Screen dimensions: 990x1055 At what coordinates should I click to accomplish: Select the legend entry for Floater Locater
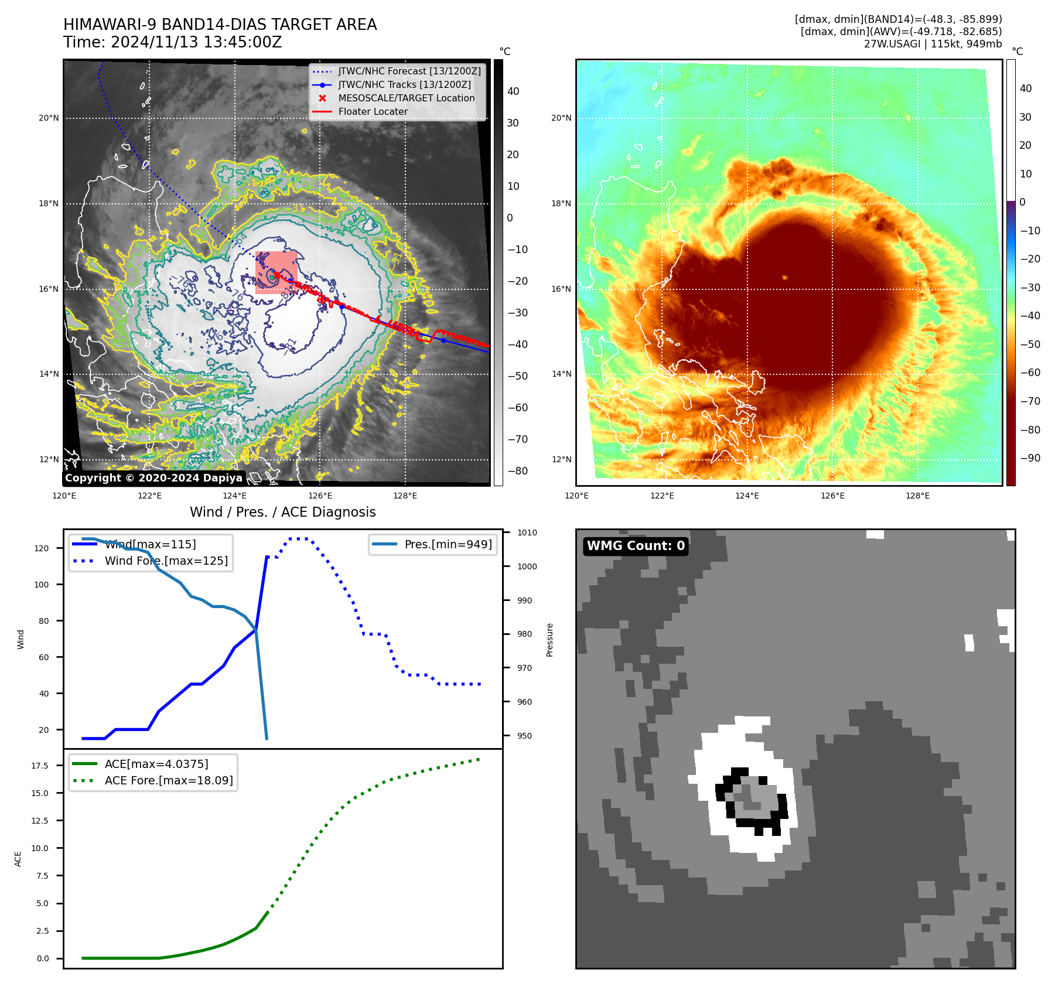pyautogui.click(x=373, y=111)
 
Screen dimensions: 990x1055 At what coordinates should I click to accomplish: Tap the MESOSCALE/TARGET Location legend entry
pyautogui.click(x=406, y=98)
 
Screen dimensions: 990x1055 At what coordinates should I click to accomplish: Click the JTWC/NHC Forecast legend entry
pyautogui.click(x=409, y=71)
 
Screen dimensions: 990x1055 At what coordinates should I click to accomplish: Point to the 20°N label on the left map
pyautogui.click(x=49, y=118)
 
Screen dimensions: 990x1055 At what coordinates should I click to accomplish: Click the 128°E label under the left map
pyautogui.click(x=405, y=496)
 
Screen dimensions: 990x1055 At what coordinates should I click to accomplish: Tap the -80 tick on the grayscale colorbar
pyautogui.click(x=518, y=471)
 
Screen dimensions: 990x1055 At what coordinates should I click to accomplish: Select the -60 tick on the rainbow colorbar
pyautogui.click(x=1030, y=373)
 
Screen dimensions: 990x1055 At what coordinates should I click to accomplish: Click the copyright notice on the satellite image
pyautogui.click(x=153, y=478)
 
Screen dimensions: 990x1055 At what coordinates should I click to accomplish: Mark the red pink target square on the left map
pyautogui.click(x=276, y=272)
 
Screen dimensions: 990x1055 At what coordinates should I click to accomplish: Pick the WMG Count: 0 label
pyautogui.click(x=636, y=546)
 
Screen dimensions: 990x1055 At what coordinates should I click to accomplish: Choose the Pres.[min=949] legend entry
pyautogui.click(x=448, y=544)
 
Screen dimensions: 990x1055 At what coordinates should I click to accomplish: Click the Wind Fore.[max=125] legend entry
pyautogui.click(x=166, y=561)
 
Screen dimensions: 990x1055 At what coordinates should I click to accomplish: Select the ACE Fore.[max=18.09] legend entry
pyautogui.click(x=168, y=780)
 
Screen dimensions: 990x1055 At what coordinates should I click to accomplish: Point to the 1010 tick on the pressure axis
pyautogui.click(x=527, y=532)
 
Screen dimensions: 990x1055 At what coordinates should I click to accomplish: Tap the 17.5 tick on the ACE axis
pyautogui.click(x=40, y=766)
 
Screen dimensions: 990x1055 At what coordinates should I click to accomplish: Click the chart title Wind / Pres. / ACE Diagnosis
pyautogui.click(x=282, y=512)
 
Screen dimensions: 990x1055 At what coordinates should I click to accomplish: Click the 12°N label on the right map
pyautogui.click(x=561, y=459)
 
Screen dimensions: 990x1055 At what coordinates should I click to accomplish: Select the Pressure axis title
pyautogui.click(x=549, y=640)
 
